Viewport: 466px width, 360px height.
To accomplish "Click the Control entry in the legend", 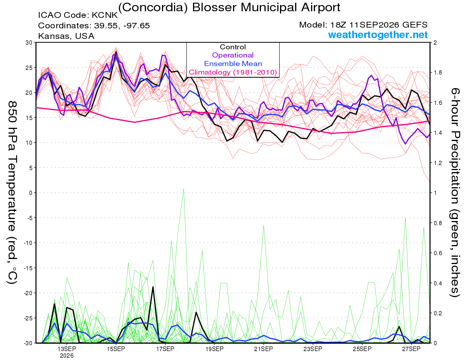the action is point(233,47).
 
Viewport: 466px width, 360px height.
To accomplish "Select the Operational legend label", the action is point(233,55).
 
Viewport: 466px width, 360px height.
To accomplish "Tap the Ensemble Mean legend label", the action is point(233,64).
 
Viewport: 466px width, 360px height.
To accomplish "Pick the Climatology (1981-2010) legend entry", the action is point(233,72).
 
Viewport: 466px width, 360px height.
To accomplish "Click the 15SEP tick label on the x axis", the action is point(116,349).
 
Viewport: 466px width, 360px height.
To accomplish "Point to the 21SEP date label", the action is point(264,349).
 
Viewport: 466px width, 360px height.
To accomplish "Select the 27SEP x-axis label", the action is point(411,349).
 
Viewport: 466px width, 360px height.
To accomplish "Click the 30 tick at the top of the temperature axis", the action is point(29,43).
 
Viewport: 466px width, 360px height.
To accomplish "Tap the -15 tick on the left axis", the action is point(28,268).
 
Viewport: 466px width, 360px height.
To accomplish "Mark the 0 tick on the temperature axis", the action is point(31,193).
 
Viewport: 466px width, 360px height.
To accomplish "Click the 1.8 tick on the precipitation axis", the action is point(436,73).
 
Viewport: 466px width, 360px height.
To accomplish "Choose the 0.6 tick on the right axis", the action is point(436,253).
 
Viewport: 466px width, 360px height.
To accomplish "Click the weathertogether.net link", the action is point(378,35).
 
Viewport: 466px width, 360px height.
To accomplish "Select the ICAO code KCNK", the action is point(104,15).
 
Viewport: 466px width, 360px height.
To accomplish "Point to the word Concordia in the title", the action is point(153,8).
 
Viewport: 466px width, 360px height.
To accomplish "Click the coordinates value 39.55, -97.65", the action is point(122,26).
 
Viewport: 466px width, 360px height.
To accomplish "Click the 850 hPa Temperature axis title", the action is point(12,193).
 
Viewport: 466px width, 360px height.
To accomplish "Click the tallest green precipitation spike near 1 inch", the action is point(184,189).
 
